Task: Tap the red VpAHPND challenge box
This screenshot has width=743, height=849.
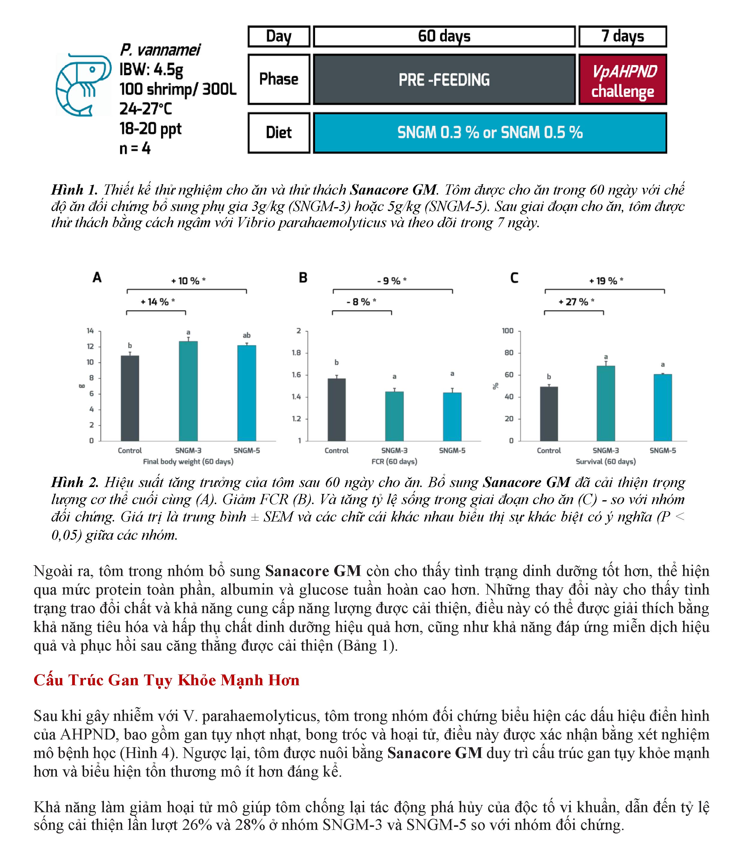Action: [x=622, y=80]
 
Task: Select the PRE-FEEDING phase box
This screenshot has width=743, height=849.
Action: [x=444, y=80]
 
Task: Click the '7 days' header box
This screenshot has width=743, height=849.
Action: [x=622, y=37]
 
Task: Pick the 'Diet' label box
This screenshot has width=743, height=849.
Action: [x=279, y=133]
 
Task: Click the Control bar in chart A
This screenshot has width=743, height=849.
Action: [x=130, y=398]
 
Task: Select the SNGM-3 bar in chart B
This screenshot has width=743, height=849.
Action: [x=394, y=416]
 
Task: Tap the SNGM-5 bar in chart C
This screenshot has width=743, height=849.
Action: [x=662, y=407]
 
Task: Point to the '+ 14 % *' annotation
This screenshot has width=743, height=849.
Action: [x=158, y=302]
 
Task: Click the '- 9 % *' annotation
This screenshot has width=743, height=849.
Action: [x=392, y=281]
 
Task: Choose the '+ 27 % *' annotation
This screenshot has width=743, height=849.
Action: [x=576, y=302]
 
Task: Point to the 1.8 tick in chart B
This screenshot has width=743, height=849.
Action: [x=296, y=353]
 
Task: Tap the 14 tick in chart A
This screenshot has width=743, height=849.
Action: [x=90, y=331]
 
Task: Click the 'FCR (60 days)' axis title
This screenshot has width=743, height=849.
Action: [x=394, y=461]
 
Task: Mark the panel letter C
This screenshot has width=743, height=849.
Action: [x=514, y=278]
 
